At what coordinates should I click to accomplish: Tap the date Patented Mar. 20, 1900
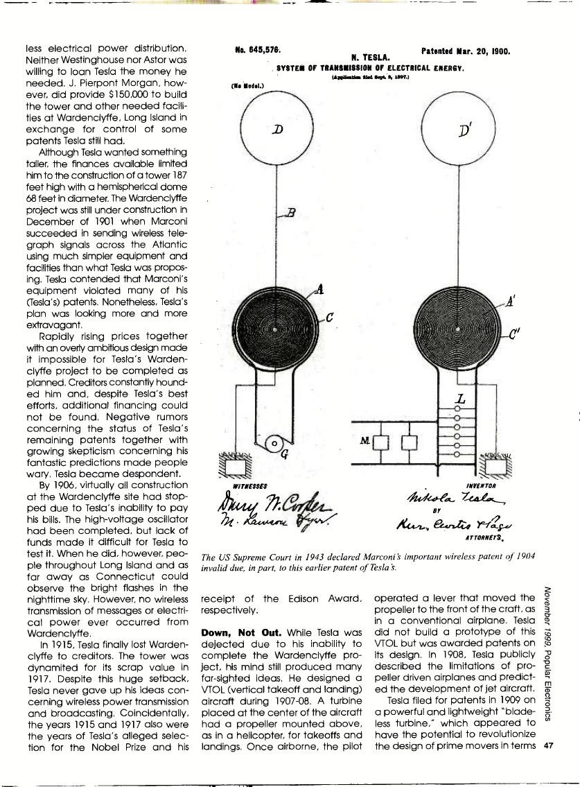point(466,51)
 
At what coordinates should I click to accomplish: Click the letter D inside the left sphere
point(277,130)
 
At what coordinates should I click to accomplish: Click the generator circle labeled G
point(274,441)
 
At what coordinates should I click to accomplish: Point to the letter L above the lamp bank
point(459,399)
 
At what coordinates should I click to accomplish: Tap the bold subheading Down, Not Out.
point(233,633)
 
